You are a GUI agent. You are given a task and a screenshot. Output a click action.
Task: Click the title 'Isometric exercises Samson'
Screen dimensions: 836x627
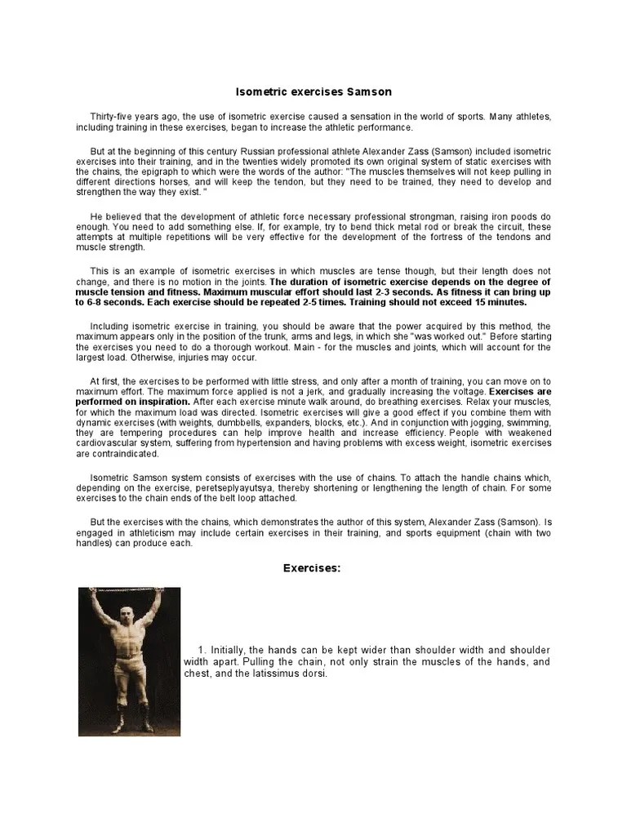pyautogui.click(x=313, y=92)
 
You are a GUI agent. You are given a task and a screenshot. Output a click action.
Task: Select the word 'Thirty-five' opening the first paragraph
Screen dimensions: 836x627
pyautogui.click(x=113, y=117)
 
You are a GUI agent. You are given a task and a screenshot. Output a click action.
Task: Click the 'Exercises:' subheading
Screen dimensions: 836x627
pyautogui.click(x=312, y=567)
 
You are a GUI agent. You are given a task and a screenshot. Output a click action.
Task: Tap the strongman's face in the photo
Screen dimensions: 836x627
pyautogui.click(x=128, y=613)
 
